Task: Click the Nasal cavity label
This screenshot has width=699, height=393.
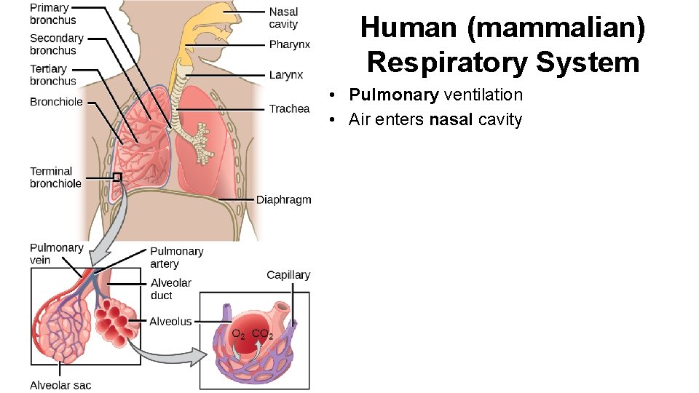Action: click(283, 18)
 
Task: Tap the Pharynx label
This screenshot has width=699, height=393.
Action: click(289, 45)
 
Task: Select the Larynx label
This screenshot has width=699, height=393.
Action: click(285, 75)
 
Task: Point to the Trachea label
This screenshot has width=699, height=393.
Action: click(289, 109)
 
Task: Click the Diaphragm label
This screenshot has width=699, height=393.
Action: click(283, 200)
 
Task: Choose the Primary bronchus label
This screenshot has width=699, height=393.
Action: click(52, 14)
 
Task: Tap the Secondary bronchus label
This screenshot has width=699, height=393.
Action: click(56, 44)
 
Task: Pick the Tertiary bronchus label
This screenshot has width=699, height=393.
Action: click(52, 75)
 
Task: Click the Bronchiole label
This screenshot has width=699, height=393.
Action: click(56, 102)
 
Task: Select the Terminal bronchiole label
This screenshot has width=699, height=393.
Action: click(55, 178)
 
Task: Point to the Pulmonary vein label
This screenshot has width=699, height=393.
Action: click(56, 253)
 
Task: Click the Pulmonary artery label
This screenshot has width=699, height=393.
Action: click(176, 257)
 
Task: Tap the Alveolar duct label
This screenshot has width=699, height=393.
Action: click(170, 289)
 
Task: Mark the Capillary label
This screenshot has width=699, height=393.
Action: click(288, 275)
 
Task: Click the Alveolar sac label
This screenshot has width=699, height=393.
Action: click(60, 385)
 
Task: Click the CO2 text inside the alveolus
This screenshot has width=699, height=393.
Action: click(262, 335)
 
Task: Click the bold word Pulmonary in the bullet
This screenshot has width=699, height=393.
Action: click(393, 95)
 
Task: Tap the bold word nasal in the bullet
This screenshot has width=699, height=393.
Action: click(451, 119)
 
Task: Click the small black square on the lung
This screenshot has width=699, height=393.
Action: click(116, 176)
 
